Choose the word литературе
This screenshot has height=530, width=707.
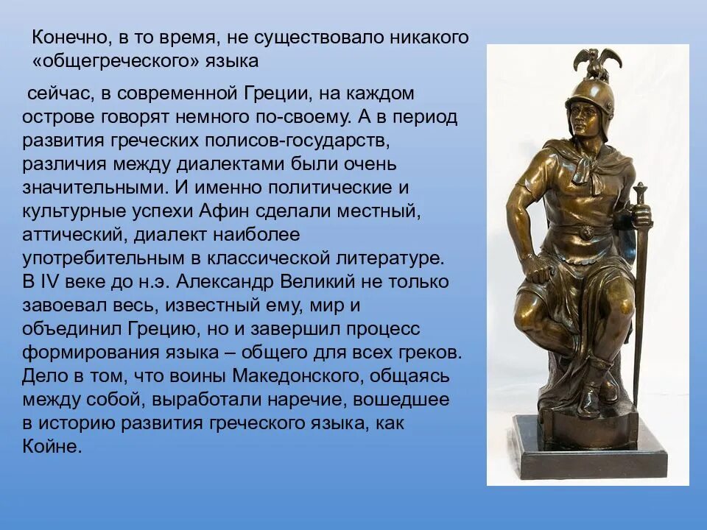pos(395,258)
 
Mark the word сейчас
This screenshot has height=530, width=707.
pos(58,93)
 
